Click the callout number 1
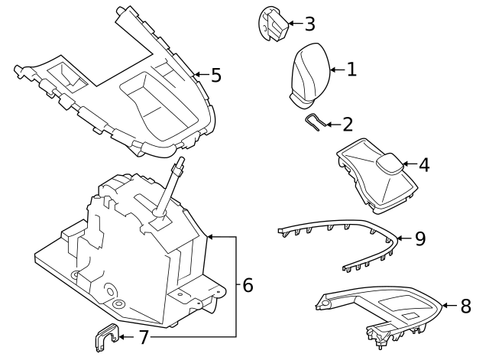351,70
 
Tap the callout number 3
309,24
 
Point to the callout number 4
423,164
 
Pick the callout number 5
215,75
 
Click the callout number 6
248,286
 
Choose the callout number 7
143,336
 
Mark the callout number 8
465,306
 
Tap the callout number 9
419,238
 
